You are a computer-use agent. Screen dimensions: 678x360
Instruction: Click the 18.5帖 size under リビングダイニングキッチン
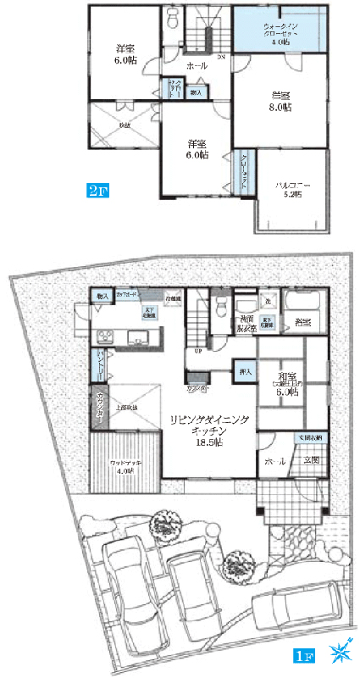pos(207,442)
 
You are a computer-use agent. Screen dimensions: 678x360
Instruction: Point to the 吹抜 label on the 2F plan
pos(124,126)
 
